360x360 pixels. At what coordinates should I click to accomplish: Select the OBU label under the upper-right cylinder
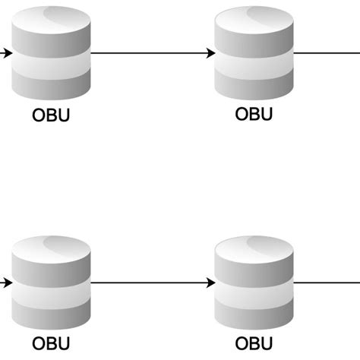pyautogui.click(x=254, y=115)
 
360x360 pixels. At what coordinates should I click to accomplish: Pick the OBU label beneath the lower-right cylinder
pyautogui.click(x=254, y=344)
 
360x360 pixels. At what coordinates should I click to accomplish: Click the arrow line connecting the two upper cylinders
pyautogui.click(x=148, y=54)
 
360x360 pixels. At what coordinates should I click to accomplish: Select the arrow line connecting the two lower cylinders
pyautogui.click(x=148, y=283)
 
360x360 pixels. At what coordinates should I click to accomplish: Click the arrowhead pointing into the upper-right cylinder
pyautogui.click(x=210, y=54)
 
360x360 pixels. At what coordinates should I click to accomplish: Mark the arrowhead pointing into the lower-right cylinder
pyautogui.click(x=210, y=283)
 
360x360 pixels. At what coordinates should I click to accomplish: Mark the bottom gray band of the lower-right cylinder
pyautogui.click(x=254, y=317)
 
